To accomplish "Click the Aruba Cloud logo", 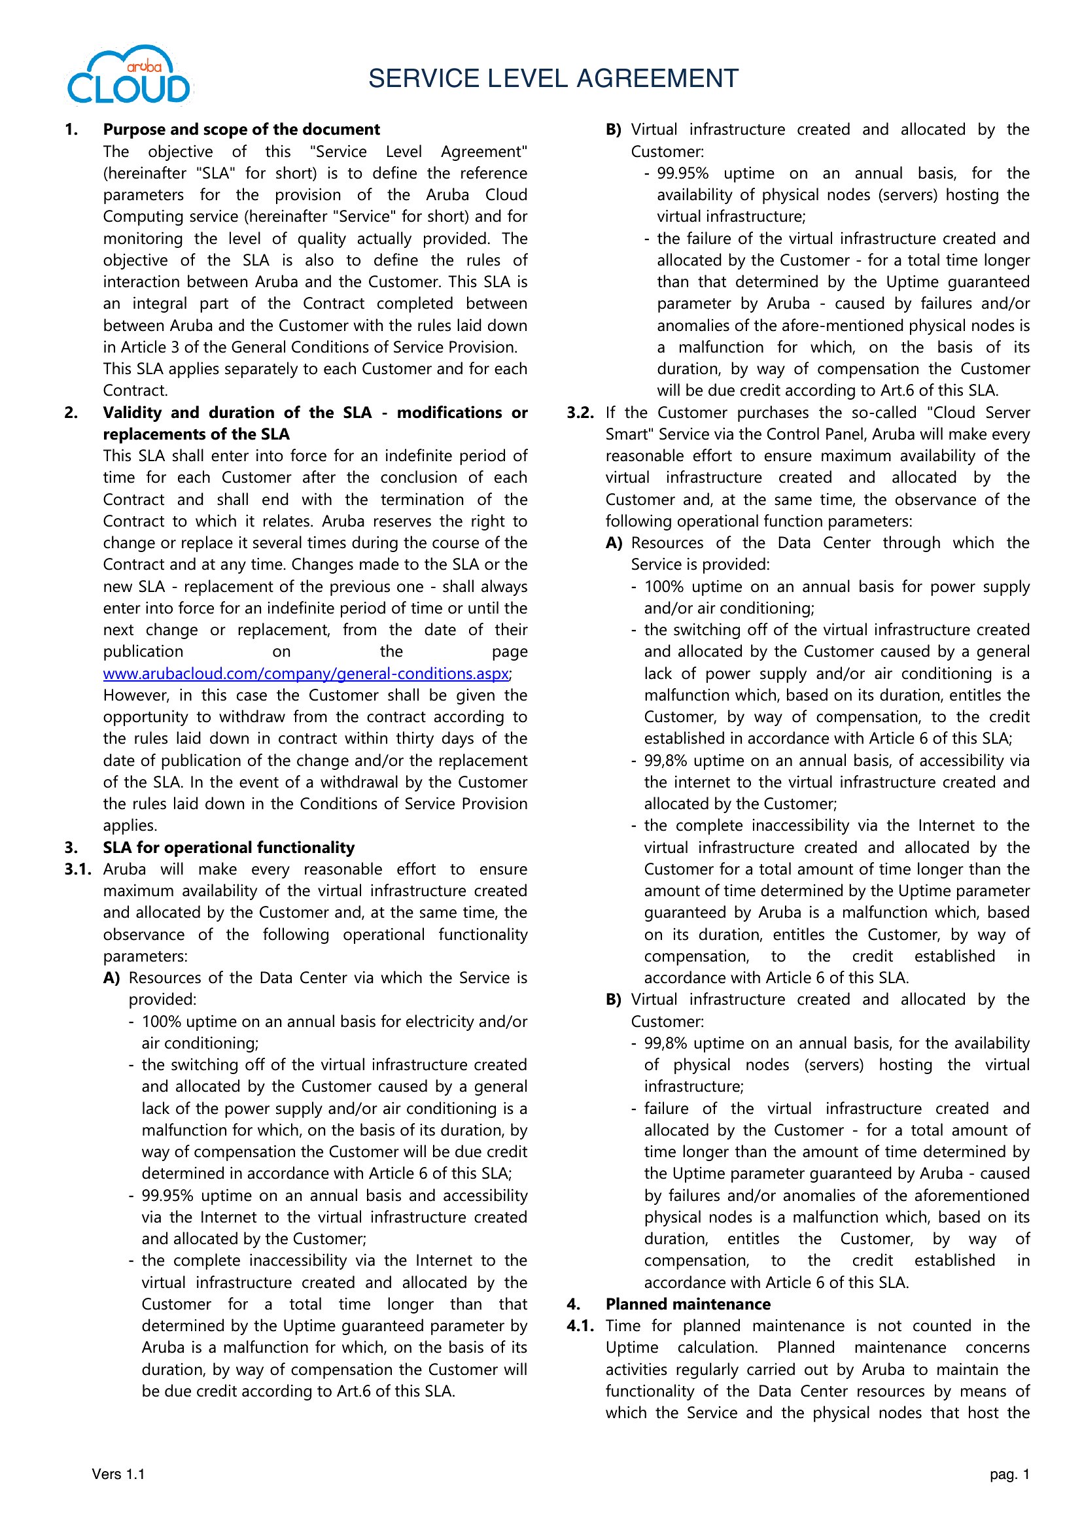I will [x=130, y=76].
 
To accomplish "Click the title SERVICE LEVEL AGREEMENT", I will [x=553, y=78].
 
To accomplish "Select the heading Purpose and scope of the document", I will [x=241, y=130].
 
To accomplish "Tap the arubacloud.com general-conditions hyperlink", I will [x=305, y=674].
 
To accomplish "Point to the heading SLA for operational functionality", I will [x=228, y=848].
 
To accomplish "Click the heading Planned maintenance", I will [x=688, y=1304].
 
